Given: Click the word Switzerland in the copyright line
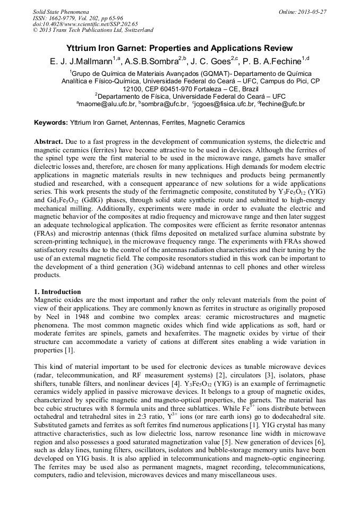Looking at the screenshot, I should coord(136,30).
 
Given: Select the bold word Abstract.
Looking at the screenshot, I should coord(48,142).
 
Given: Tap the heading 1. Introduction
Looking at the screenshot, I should coord(57,292).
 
